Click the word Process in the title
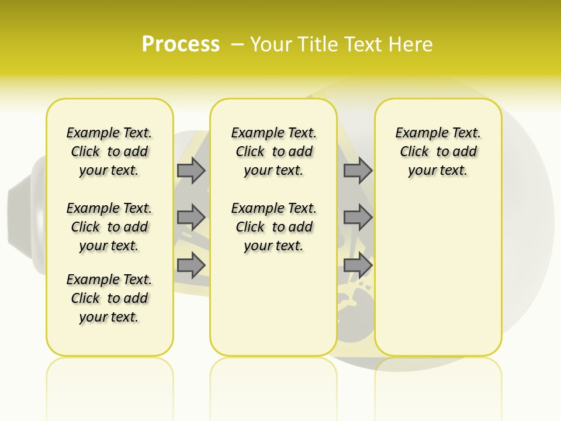click(x=181, y=44)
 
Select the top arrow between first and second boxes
click(x=191, y=171)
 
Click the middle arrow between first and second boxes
click(x=191, y=218)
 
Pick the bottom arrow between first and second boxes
click(x=191, y=265)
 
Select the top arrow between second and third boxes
click(x=358, y=171)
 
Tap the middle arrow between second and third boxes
click(x=358, y=218)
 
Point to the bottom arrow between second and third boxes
click(x=358, y=265)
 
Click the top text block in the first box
click(x=109, y=151)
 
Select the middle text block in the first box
click(x=109, y=227)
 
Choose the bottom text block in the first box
click(x=109, y=298)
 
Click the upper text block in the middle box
click(x=273, y=151)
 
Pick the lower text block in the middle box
click(x=273, y=227)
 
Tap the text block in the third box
click(x=438, y=151)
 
